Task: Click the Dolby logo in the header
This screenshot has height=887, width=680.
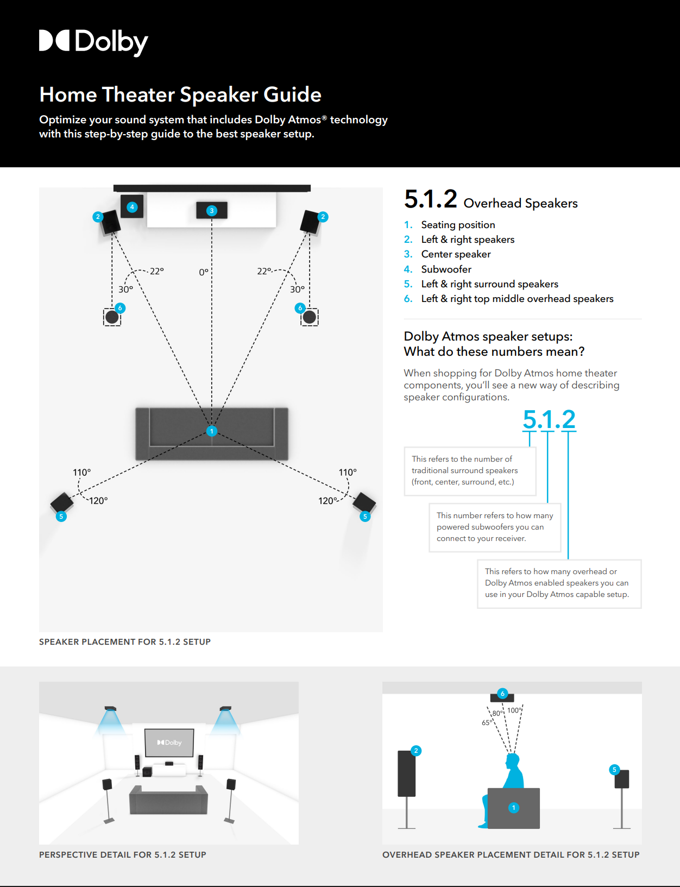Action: click(x=93, y=42)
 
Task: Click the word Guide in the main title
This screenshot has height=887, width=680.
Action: click(x=293, y=95)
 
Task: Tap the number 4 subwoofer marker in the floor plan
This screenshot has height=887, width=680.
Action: click(x=132, y=207)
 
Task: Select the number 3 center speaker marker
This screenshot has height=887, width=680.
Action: click(x=212, y=211)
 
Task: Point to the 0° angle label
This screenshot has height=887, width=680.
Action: click(x=204, y=272)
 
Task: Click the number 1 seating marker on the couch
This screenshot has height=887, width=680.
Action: click(x=212, y=431)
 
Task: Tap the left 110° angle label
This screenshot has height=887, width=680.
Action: click(x=82, y=473)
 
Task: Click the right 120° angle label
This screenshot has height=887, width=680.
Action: click(x=328, y=501)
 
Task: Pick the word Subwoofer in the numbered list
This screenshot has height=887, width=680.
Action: click(x=446, y=269)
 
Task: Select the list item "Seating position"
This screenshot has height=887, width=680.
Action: click(x=458, y=225)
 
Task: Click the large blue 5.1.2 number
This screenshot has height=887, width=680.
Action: click(x=549, y=419)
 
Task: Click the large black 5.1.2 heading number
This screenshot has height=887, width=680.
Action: click(x=431, y=199)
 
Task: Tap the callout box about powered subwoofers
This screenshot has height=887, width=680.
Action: click(x=494, y=527)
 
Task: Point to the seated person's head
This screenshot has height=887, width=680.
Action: click(x=512, y=760)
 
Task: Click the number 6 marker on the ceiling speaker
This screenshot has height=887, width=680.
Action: click(x=502, y=694)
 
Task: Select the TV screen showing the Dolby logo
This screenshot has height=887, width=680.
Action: click(x=169, y=743)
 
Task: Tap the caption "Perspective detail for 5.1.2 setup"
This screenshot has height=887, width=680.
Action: click(x=123, y=854)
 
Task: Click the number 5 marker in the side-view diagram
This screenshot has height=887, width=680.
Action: click(x=614, y=770)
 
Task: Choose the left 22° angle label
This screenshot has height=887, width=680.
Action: click(x=157, y=271)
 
